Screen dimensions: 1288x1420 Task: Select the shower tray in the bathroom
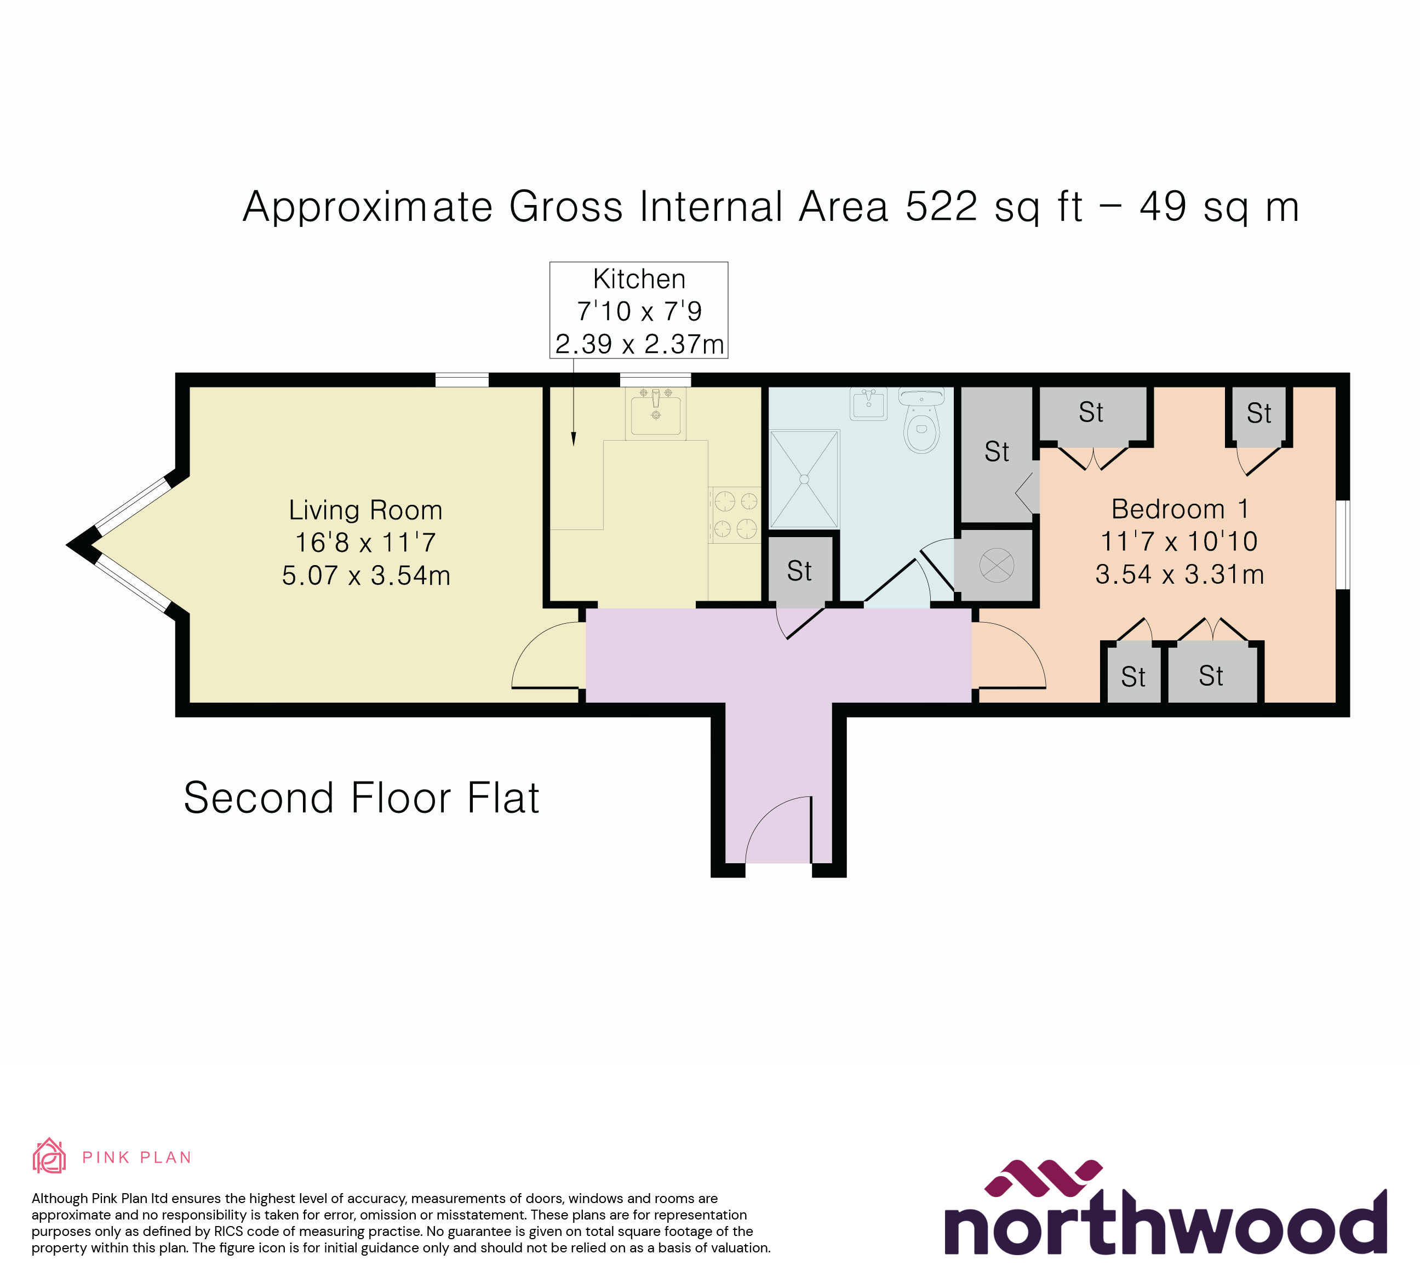804,479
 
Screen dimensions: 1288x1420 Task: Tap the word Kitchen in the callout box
639,279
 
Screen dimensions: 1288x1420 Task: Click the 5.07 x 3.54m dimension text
365,575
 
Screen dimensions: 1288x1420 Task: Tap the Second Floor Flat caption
362,797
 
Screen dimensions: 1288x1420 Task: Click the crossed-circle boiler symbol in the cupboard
997,565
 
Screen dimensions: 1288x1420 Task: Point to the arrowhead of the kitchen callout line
574,440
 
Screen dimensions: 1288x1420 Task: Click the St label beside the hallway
799,571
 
